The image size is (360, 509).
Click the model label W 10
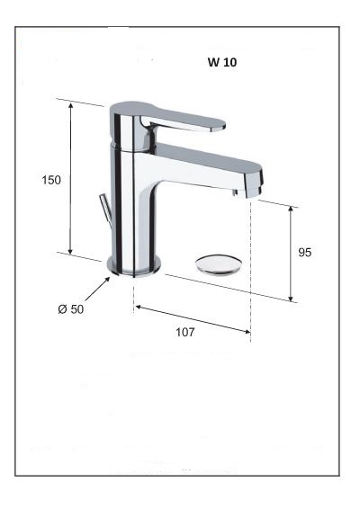[220, 64]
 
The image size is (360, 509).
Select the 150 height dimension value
[51, 180]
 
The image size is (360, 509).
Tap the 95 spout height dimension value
[304, 253]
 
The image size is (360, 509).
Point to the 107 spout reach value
[184, 332]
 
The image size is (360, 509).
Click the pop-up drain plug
[217, 262]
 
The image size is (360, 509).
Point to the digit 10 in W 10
[230, 64]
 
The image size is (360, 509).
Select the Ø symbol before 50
[60, 309]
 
